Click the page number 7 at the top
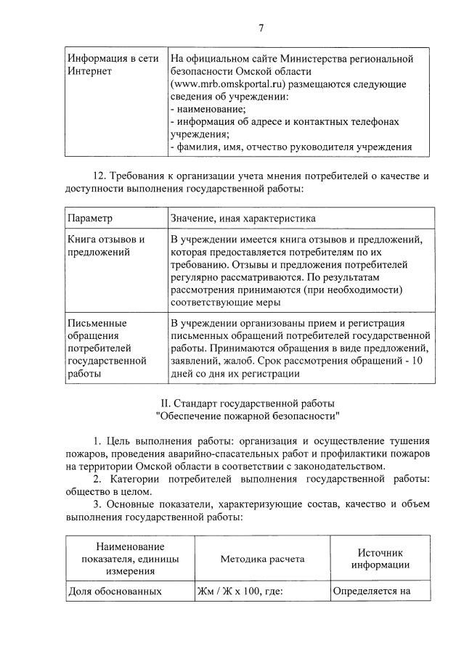click(261, 28)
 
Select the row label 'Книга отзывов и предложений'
click(106, 246)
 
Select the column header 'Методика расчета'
click(262, 559)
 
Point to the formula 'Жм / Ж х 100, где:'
click(239, 591)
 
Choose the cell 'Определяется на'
click(372, 591)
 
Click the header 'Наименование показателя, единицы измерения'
click(129, 559)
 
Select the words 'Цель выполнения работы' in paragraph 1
click(166, 440)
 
